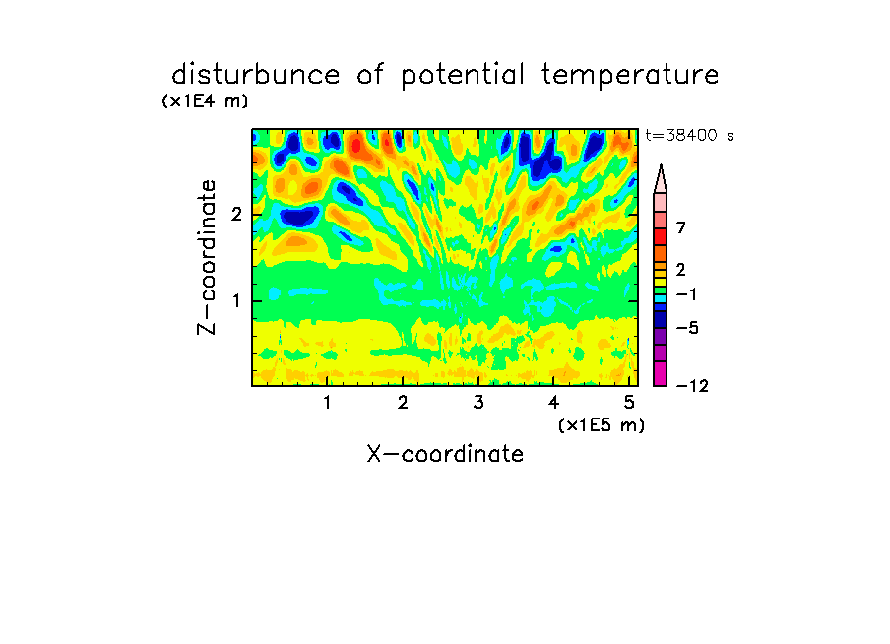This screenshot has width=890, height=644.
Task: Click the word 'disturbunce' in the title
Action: [x=255, y=74]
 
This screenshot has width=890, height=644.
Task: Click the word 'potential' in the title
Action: [x=463, y=76]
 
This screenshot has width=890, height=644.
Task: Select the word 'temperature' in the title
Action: [x=630, y=75]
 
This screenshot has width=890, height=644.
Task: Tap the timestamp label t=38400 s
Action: [x=689, y=135]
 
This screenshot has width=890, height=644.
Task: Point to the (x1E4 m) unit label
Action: [x=205, y=101]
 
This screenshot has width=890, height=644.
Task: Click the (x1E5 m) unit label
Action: [x=602, y=424]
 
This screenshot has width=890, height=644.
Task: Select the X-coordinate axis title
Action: [x=445, y=454]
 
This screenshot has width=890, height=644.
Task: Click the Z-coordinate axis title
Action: [x=207, y=257]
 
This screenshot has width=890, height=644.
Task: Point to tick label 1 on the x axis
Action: [x=327, y=403]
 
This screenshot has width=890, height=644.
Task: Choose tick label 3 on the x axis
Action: [x=478, y=403]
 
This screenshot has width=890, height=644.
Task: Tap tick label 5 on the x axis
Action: [x=629, y=403]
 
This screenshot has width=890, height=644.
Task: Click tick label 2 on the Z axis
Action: [x=236, y=215]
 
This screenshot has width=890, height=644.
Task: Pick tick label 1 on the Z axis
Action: [x=236, y=301]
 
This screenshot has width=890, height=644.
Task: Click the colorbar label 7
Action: [x=681, y=227]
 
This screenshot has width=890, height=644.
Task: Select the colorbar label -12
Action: [x=692, y=386]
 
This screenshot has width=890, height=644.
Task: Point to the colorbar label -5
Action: [x=687, y=328]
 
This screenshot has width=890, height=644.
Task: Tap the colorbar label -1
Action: [x=686, y=294]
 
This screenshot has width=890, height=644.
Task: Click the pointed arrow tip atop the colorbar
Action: [x=661, y=165]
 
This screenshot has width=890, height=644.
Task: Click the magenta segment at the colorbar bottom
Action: [x=661, y=373]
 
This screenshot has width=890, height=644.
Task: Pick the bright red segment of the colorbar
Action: [x=661, y=236]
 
